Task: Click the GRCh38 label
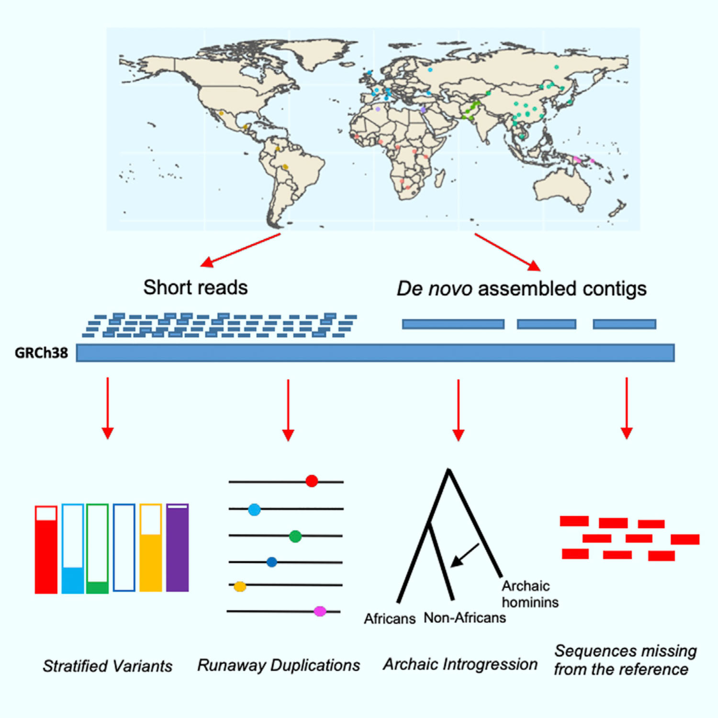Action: [x=41, y=353]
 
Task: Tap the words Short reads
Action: [x=195, y=287]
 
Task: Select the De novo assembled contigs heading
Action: [x=521, y=289]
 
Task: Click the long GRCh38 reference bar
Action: [x=375, y=353]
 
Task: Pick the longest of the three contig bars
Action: [x=453, y=324]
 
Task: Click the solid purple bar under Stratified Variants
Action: [x=177, y=548]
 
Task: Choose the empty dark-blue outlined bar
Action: [x=124, y=548]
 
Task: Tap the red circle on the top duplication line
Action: [x=312, y=481]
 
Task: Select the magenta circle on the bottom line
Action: [x=320, y=611]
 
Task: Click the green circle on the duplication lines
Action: [x=295, y=536]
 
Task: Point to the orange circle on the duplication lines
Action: [x=240, y=586]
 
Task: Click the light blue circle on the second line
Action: [x=254, y=510]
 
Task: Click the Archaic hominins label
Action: [x=529, y=594]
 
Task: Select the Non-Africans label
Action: [x=464, y=618]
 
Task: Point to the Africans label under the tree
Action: [x=389, y=619]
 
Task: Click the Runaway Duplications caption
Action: [x=279, y=665]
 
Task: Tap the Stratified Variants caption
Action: [x=108, y=666]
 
